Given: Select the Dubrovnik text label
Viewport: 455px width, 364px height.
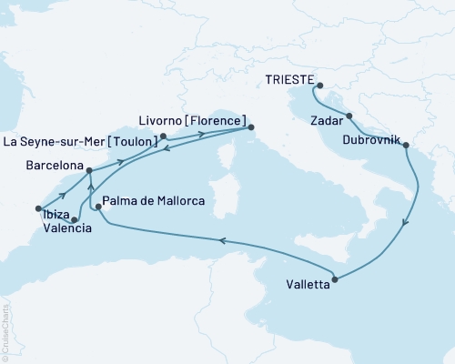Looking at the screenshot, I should [372, 140].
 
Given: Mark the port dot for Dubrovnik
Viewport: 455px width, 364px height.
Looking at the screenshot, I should [405, 145].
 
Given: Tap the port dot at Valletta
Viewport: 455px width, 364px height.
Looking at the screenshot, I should [336, 280].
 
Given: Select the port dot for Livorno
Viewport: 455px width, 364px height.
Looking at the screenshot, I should [251, 128].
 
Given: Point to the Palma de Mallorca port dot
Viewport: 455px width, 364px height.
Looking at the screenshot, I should [98, 207].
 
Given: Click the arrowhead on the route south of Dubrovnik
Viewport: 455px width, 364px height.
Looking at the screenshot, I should [406, 221].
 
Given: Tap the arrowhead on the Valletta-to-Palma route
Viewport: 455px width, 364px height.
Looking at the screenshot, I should [220, 240].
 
